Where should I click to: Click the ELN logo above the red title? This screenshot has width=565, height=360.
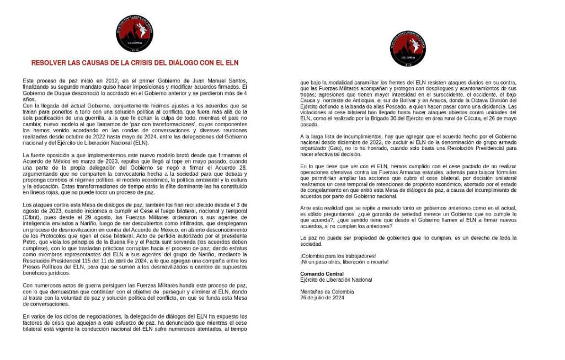point(135,34)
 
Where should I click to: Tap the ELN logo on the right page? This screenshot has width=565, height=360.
point(408,49)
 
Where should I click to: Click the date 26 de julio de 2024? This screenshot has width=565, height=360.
point(322,297)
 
